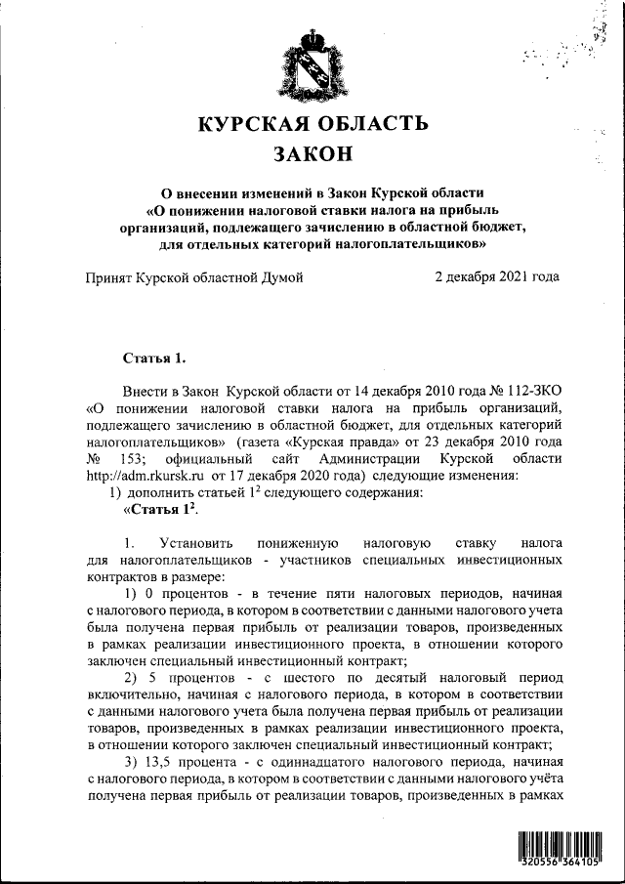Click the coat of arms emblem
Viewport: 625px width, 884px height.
pyautogui.click(x=312, y=66)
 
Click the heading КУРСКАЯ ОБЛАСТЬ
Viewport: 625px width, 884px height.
pyautogui.click(x=312, y=124)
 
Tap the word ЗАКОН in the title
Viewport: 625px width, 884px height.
pyautogui.click(x=312, y=154)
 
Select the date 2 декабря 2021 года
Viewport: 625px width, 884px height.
pyautogui.click(x=496, y=277)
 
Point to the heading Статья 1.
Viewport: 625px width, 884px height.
pyautogui.click(x=149, y=358)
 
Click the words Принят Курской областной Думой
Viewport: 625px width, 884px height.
pyautogui.click(x=194, y=277)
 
